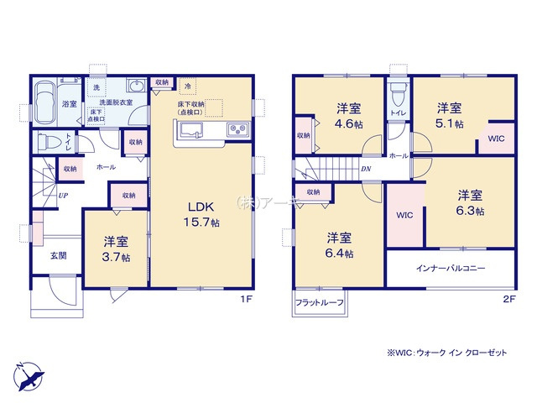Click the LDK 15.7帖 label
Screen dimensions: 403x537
(202, 215)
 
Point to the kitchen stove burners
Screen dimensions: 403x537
(236, 129)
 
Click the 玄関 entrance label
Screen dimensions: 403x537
(58, 255)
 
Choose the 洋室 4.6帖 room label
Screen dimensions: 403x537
(348, 115)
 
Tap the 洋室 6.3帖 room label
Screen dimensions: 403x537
(470, 202)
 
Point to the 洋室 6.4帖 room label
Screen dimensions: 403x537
(339, 245)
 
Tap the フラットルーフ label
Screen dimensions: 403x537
(319, 303)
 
